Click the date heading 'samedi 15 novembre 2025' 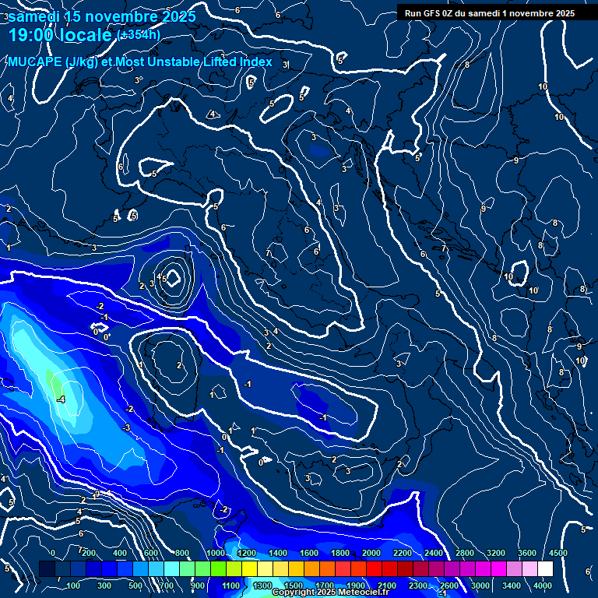click(102, 16)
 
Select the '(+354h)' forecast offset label click(138, 35)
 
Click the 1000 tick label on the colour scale click(216, 553)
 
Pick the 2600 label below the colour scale click(449, 586)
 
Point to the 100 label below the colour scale click(73, 586)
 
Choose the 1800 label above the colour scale click(340, 553)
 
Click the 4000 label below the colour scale click(543, 586)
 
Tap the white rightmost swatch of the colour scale click(545, 569)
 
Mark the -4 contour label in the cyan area click(61, 399)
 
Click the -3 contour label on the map click(126, 427)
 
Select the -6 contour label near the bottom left click(79, 533)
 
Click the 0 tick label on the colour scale click(53, 553)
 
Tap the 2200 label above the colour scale click(403, 553)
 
